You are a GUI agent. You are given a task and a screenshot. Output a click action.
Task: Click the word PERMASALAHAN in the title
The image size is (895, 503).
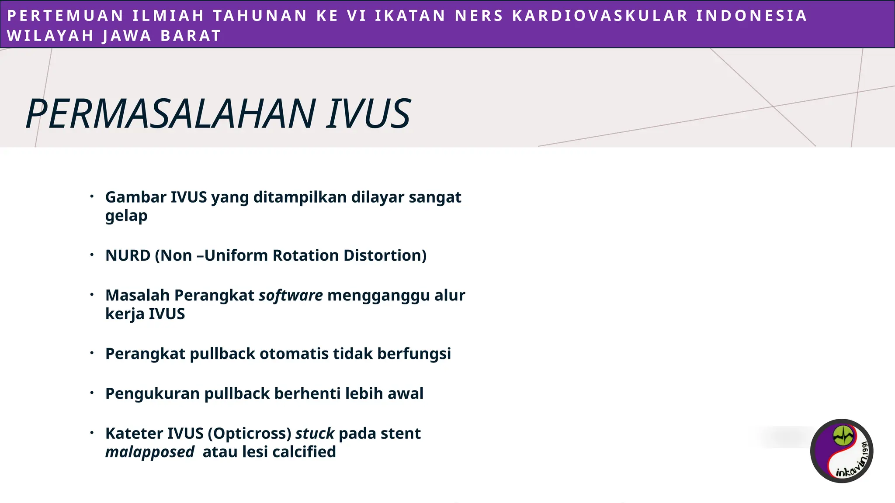[x=170, y=114]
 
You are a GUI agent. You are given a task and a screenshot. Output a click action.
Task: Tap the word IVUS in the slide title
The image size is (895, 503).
[x=368, y=114]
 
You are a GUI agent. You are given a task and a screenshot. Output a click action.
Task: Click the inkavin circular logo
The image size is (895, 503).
[x=842, y=451]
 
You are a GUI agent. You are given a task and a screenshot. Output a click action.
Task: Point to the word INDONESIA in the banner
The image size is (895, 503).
[x=751, y=16]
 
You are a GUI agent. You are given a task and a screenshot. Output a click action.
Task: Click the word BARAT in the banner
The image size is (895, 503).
[x=191, y=36]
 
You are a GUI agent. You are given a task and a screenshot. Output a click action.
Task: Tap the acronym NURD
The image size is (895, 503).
[x=128, y=255]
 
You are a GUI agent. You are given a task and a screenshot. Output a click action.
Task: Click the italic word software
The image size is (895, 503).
[x=291, y=296]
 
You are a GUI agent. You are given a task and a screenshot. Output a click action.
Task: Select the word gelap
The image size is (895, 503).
[x=126, y=216]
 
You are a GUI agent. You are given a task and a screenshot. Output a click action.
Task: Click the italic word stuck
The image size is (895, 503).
[x=315, y=434]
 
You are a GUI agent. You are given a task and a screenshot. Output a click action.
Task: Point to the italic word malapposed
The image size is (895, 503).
[x=149, y=452]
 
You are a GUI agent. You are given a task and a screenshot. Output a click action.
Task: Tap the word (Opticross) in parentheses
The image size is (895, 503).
[x=250, y=434]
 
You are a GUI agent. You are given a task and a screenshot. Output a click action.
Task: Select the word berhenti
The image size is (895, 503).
[x=308, y=394]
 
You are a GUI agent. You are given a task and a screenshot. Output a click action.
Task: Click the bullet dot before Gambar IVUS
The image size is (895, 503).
[x=92, y=196]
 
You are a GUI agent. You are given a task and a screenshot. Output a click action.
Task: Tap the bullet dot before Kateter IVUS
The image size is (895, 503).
[x=92, y=433]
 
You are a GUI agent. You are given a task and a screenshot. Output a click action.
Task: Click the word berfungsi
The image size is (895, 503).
[x=414, y=354]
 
